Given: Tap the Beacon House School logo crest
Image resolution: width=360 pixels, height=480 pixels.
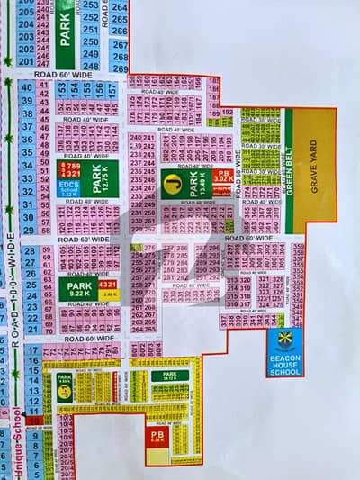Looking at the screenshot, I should (x=285, y=340).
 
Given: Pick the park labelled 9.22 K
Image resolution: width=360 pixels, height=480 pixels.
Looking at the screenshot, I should (x=78, y=288).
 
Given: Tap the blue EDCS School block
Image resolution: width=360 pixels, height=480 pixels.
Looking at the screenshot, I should (x=68, y=186).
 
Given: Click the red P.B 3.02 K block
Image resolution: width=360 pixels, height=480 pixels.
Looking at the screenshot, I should (x=221, y=177).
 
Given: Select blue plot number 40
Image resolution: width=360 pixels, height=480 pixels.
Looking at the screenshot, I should (x=26, y=87).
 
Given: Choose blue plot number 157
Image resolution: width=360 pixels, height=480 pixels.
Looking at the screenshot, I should (x=112, y=89).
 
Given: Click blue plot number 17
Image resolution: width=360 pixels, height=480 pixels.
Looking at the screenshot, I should (x=33, y=349).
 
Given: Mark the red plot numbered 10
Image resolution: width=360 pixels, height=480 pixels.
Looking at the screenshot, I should (x=33, y=420).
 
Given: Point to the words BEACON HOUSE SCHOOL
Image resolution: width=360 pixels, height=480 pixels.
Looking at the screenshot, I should (x=285, y=363).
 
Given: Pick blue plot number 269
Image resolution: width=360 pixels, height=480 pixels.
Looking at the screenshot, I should (x=120, y=67).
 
